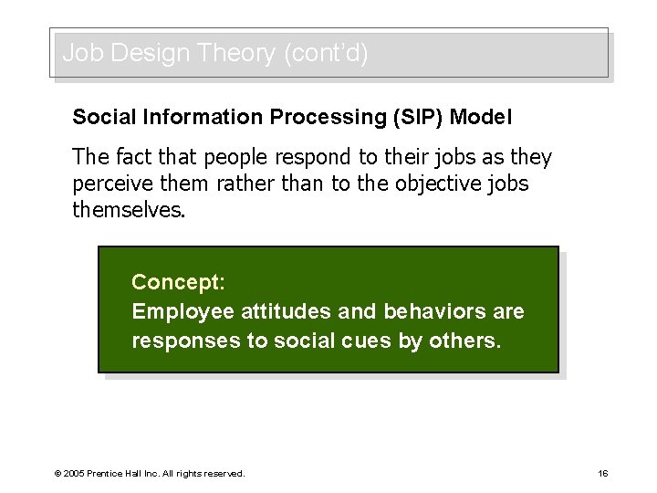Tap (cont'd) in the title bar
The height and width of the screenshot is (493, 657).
326,54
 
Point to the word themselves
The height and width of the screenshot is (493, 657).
129,211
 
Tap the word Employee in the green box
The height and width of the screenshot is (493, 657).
181,311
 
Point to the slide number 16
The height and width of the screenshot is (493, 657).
603,473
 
